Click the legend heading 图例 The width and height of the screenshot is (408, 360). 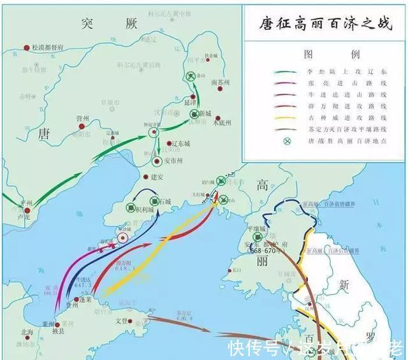click(326, 54)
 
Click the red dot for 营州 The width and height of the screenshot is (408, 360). click(81, 126)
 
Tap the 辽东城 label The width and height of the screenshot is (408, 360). click(183, 144)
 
